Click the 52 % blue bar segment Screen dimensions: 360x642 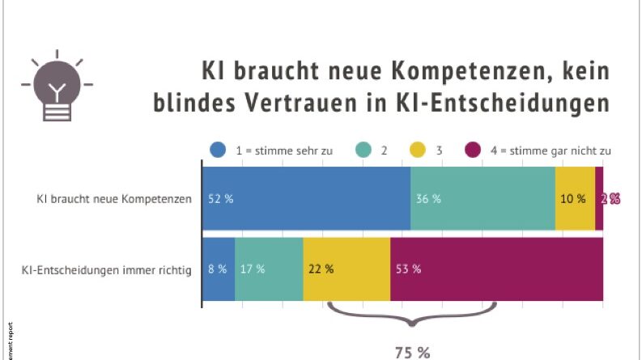click(x=306, y=199)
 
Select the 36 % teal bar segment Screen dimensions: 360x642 click(x=483, y=199)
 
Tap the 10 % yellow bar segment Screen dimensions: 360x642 click(x=575, y=199)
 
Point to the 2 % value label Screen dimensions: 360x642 click(x=610, y=199)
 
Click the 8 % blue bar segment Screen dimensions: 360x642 click(x=218, y=269)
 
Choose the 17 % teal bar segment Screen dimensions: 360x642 click(x=269, y=269)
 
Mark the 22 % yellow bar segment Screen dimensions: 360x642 click(x=347, y=269)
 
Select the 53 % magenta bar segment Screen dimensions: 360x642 click(x=496, y=269)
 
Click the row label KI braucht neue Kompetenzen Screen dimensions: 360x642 click(x=114, y=199)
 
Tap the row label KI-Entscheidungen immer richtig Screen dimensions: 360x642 click(x=106, y=269)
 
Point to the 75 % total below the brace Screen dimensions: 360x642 click(x=412, y=352)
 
